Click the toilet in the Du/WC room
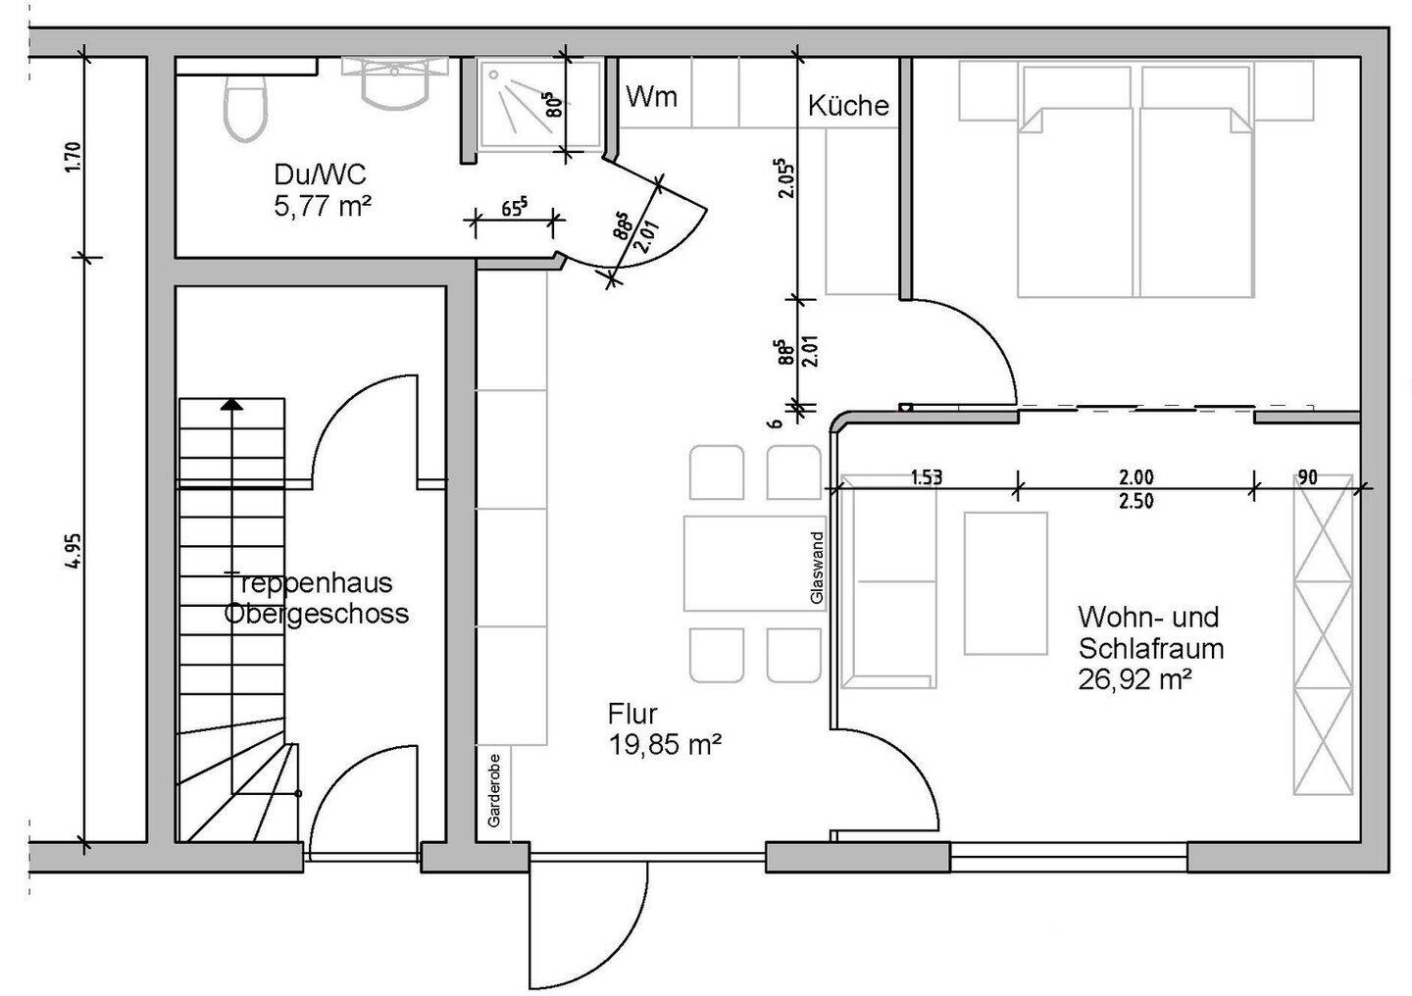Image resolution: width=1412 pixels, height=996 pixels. pos(244,108)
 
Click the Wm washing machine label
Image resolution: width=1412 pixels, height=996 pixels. pos(651,97)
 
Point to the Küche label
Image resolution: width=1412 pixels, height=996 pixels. pos(848,106)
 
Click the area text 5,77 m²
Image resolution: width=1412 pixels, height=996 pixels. pos(323,206)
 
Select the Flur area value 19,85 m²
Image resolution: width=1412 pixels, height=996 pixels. pos(665,744)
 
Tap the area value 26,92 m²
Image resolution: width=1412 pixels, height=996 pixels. pos(1135,678)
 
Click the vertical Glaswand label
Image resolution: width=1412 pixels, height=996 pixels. pos(817,568)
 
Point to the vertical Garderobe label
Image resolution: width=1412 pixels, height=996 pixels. pos(493,790)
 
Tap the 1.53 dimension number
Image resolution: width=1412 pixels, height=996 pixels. pos(926,478)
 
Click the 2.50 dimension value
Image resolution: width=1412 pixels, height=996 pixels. pos(1135,502)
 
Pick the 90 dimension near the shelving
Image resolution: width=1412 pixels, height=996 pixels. pos(1307,477)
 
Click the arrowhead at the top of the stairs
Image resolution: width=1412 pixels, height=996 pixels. pos(231,403)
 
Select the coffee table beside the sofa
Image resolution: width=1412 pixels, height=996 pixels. pos(1005,582)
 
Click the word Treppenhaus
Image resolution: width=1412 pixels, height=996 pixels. pos(309,582)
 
